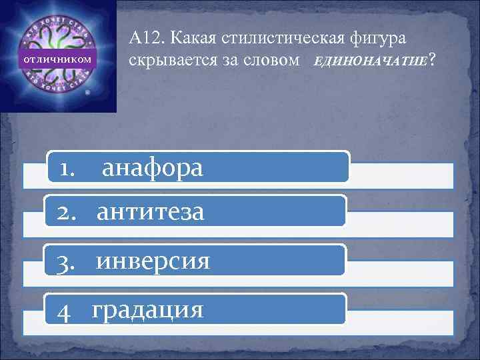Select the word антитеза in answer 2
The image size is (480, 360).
[x=150, y=213]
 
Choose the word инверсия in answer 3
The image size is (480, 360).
[x=153, y=261]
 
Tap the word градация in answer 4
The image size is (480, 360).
[x=147, y=310]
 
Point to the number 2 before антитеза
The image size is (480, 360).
[x=65, y=213]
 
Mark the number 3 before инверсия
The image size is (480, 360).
[x=65, y=261]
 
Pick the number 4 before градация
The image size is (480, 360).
[x=65, y=311]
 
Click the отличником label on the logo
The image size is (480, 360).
[x=59, y=60]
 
